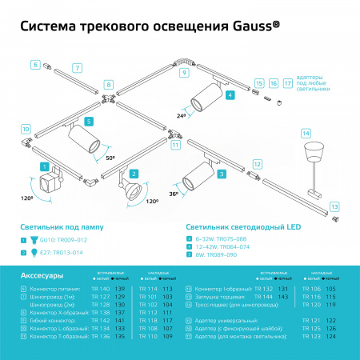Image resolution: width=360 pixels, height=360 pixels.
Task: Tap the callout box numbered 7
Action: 76,69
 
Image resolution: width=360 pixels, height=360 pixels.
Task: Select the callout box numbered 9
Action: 184,73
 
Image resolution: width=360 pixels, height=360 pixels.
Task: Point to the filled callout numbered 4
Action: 230,95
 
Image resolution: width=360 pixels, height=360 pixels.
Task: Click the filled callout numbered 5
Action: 90,121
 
